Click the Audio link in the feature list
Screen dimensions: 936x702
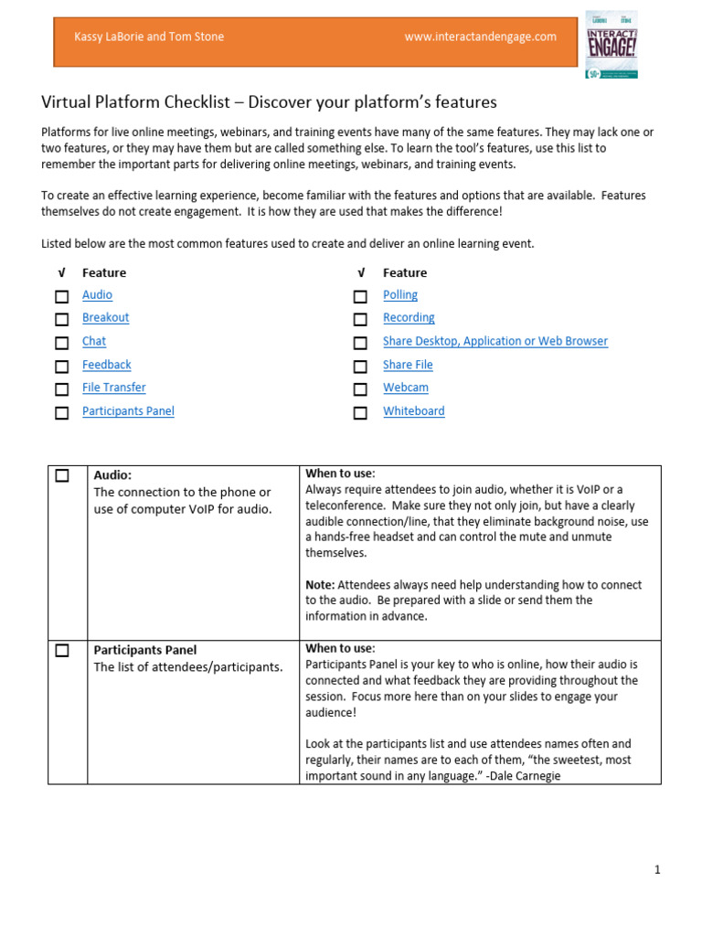(x=97, y=295)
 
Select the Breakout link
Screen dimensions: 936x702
(x=105, y=318)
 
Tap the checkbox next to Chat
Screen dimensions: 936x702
(x=61, y=343)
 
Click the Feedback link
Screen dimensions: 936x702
(x=106, y=365)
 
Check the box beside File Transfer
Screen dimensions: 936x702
(x=61, y=389)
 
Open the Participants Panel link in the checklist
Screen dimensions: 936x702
(x=128, y=411)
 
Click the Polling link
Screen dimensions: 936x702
(x=399, y=295)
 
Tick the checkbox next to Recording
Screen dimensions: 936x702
(x=360, y=319)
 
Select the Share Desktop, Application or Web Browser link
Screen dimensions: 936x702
(x=495, y=342)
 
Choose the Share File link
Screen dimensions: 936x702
(x=408, y=365)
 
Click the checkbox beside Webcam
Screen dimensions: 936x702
(x=360, y=389)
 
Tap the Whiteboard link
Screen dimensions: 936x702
(x=413, y=411)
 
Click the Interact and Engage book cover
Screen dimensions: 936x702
(x=612, y=43)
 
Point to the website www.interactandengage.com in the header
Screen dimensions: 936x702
(x=480, y=37)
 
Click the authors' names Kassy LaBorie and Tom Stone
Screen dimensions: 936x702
(x=148, y=37)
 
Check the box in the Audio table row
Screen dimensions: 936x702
(x=61, y=475)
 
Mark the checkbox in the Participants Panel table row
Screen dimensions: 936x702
(x=61, y=651)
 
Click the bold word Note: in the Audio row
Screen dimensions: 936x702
(x=320, y=585)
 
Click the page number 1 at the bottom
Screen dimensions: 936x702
(x=656, y=870)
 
